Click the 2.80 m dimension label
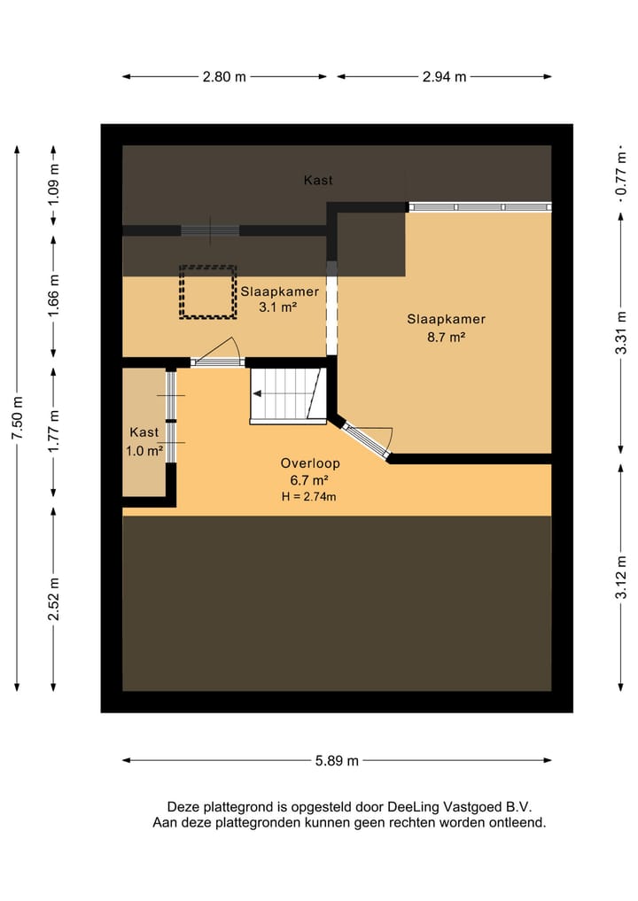click(x=224, y=76)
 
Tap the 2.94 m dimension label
click(x=444, y=76)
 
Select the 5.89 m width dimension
click(x=337, y=761)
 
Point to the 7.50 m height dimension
click(x=17, y=418)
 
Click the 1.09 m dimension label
click(x=53, y=185)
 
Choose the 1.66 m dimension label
click(x=53, y=295)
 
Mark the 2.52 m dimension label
click(x=53, y=599)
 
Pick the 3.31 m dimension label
click(x=621, y=333)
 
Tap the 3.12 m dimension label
click(x=621, y=578)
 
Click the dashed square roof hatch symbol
click(x=207, y=291)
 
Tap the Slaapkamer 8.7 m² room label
click(x=446, y=328)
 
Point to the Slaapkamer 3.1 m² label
click(x=279, y=299)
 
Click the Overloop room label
click(x=310, y=463)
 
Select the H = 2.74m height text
click(x=308, y=497)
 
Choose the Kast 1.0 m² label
click(x=144, y=441)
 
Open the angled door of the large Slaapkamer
click(x=366, y=439)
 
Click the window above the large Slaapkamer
click(x=480, y=206)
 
